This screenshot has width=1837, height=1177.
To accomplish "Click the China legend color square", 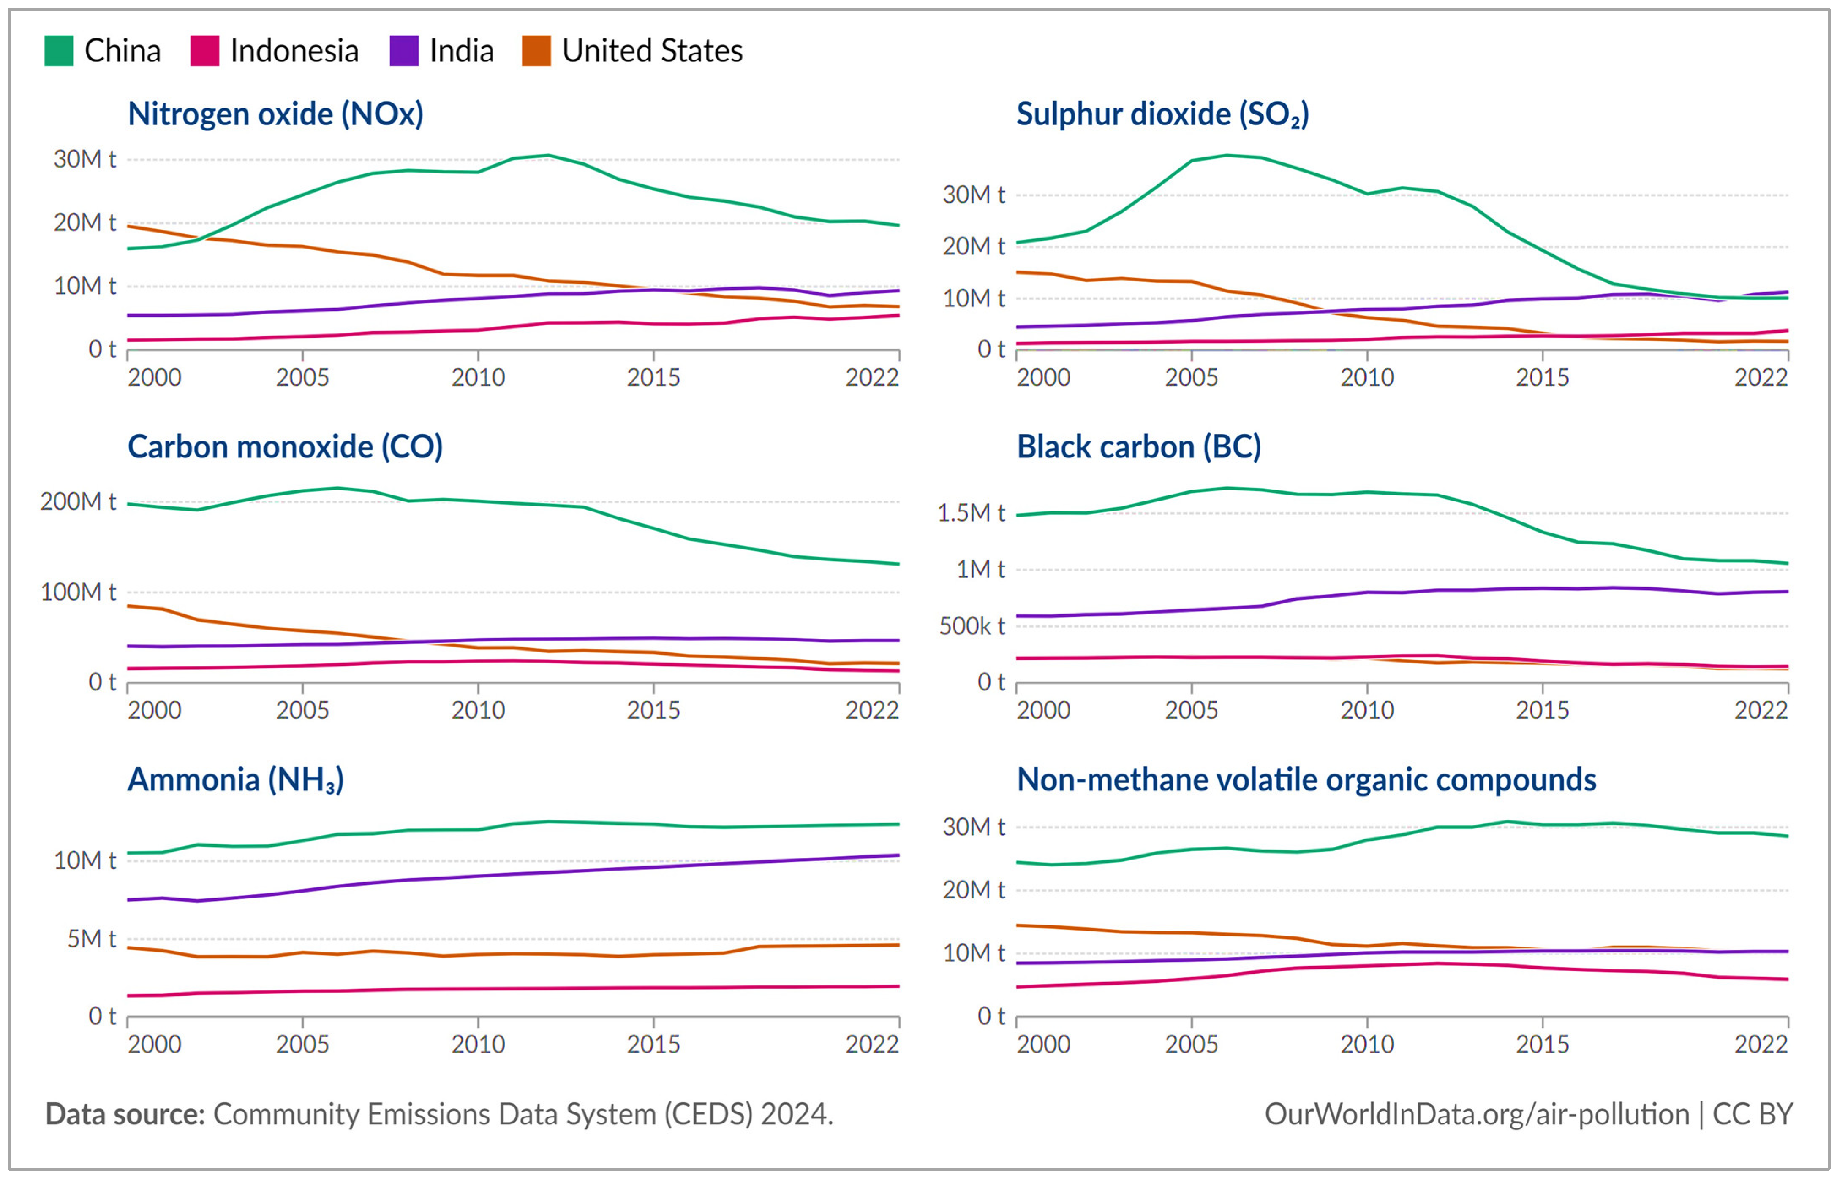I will point(59,51).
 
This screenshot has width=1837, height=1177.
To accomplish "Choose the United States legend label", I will point(652,51).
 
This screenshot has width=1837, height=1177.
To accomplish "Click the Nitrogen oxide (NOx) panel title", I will point(275,114).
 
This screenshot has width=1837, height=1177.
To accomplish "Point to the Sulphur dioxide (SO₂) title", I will point(1162,114).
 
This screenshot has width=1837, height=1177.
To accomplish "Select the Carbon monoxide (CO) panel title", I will point(285,446).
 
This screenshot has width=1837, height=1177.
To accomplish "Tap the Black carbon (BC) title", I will point(1138,446).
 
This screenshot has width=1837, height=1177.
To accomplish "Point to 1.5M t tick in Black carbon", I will point(971,513).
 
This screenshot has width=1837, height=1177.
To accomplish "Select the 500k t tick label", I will point(971,626).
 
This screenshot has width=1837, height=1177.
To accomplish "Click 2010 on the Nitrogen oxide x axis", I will point(478,378).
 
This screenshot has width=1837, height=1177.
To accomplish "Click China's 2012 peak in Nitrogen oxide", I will point(547,155).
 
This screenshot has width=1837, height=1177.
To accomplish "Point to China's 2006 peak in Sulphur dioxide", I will point(1227,155).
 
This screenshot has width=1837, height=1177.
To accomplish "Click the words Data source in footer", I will point(125,1114).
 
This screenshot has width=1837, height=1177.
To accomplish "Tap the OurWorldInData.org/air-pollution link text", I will point(1476,1114).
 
